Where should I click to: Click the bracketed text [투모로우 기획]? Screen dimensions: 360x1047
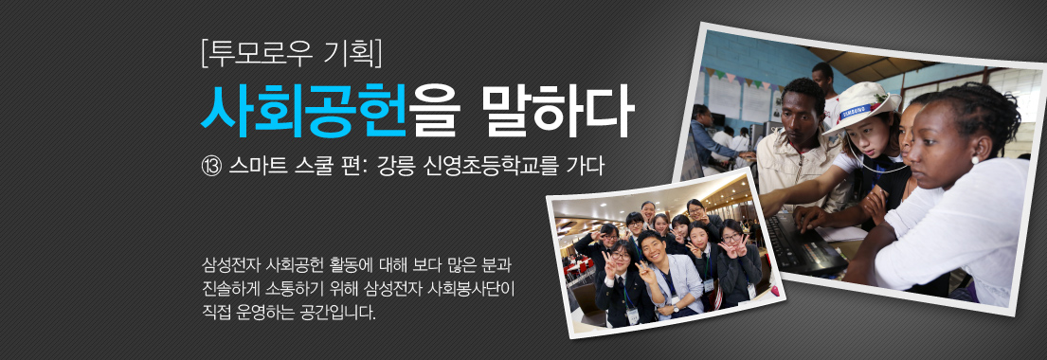291,53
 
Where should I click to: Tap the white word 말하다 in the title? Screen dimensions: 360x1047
556,110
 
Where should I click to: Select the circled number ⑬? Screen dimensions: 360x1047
211,167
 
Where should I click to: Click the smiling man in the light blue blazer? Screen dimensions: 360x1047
663,275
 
